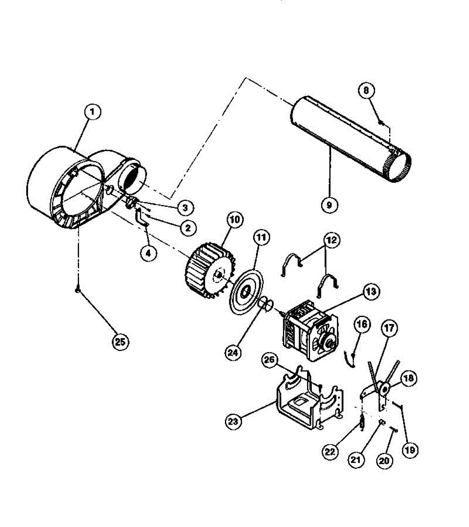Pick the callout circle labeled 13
[x=371, y=291]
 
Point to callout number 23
[x=234, y=422]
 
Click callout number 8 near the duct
[x=366, y=90]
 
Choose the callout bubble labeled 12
[x=332, y=241]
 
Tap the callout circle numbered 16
[x=362, y=325]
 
